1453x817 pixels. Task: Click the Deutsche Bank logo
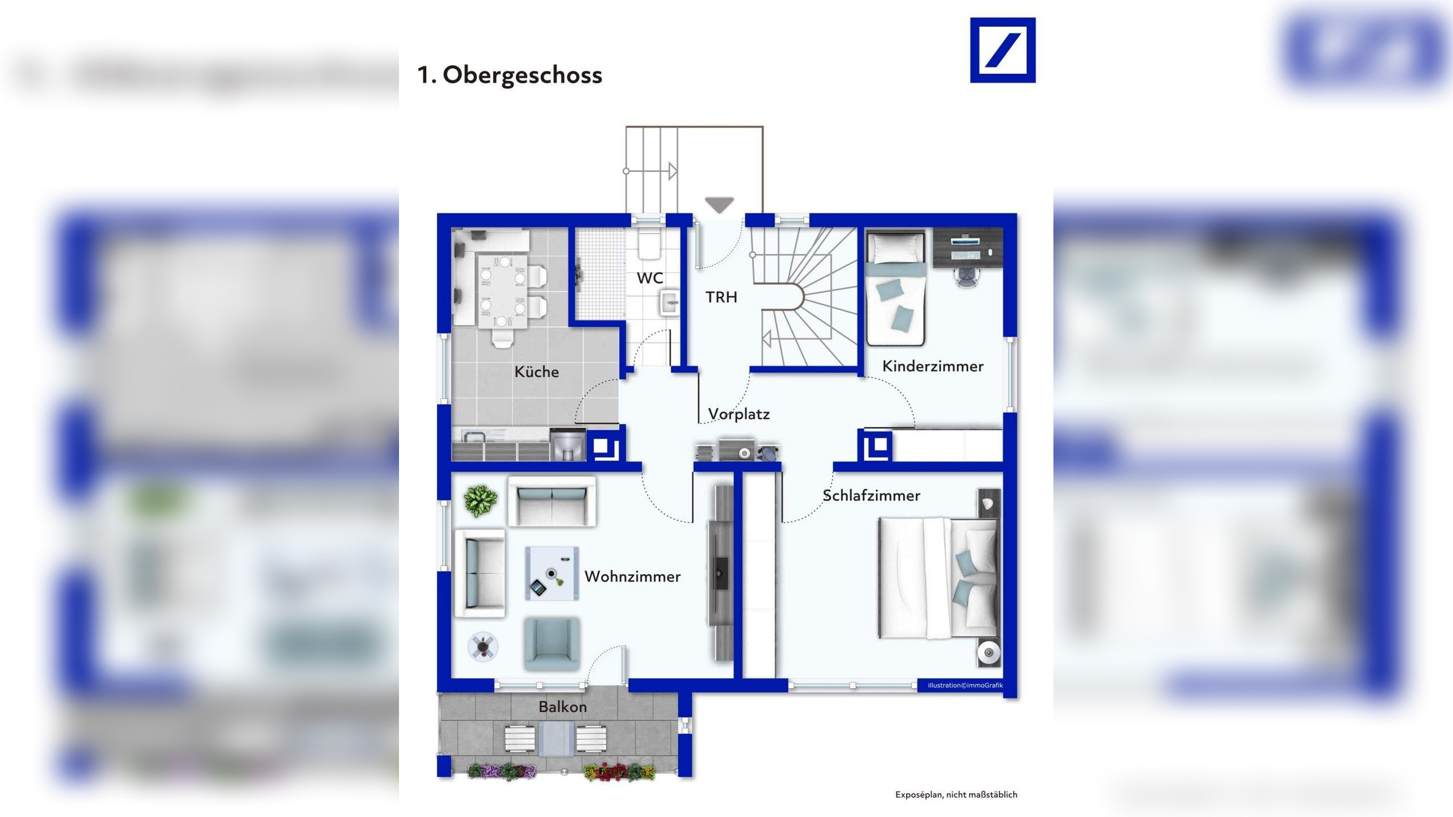click(1002, 50)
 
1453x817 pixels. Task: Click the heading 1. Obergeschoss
click(509, 75)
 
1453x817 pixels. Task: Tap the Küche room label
click(536, 372)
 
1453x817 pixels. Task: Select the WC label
click(650, 278)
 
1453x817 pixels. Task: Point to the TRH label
click(721, 297)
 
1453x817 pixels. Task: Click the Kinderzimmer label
click(933, 366)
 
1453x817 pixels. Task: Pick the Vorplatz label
click(739, 414)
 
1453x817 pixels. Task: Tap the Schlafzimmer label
click(871, 495)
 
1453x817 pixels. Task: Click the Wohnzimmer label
click(632, 576)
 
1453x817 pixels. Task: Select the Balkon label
click(562, 707)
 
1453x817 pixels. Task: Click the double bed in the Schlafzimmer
click(938, 578)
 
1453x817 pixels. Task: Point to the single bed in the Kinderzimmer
click(896, 287)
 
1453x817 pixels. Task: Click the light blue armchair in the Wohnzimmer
click(552, 644)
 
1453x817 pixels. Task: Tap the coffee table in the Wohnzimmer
click(552, 574)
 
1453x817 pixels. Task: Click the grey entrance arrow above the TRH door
click(719, 205)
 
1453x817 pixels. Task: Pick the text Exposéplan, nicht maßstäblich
click(956, 794)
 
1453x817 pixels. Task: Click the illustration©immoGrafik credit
click(965, 685)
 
